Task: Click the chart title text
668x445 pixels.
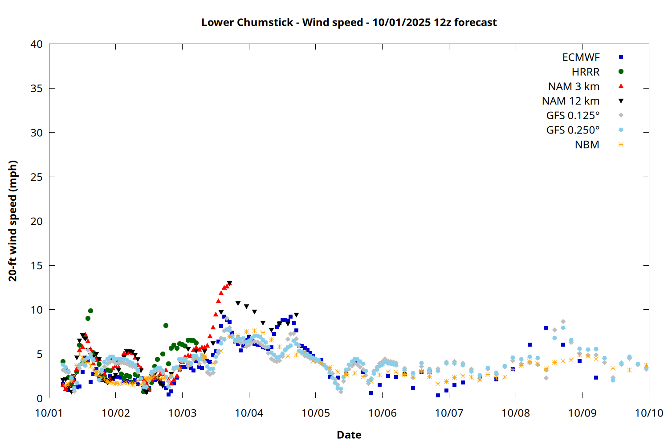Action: pyautogui.click(x=349, y=22)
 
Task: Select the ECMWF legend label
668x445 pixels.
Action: pyautogui.click(x=581, y=57)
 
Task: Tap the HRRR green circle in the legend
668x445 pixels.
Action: pyautogui.click(x=621, y=72)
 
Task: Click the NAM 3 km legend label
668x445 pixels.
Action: pyautogui.click(x=574, y=86)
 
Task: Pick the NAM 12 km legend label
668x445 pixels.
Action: pyautogui.click(x=570, y=101)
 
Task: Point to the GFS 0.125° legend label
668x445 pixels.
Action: pyautogui.click(x=573, y=116)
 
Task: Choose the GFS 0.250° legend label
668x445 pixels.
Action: pyautogui.click(x=573, y=130)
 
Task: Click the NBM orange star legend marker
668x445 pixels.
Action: pyautogui.click(x=621, y=145)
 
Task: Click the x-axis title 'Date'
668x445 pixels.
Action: pyautogui.click(x=349, y=435)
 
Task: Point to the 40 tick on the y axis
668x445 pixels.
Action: pyautogui.click(x=37, y=44)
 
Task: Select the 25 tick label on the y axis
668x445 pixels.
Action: pyautogui.click(x=37, y=177)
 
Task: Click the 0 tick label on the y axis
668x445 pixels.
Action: pyautogui.click(x=40, y=398)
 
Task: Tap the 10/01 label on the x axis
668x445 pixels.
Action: pyautogui.click(x=49, y=413)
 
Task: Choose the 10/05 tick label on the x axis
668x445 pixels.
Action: pyautogui.click(x=315, y=413)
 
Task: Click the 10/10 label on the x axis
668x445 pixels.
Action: pyautogui.click(x=648, y=413)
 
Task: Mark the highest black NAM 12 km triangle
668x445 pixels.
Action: pyautogui.click(x=229, y=283)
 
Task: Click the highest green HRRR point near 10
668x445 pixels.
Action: pyautogui.click(x=90, y=311)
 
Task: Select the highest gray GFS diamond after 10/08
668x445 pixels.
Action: pyautogui.click(x=563, y=321)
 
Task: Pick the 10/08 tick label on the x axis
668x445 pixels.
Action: pyautogui.click(x=515, y=413)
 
